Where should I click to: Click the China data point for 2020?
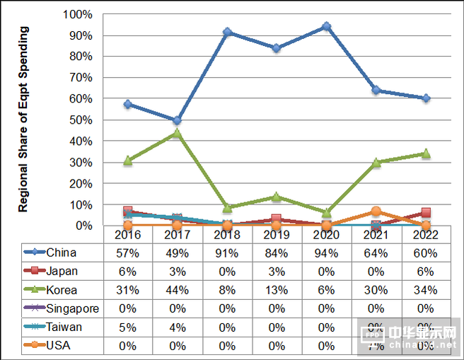326,26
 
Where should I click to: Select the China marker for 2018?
227,33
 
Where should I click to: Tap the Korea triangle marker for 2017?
178,133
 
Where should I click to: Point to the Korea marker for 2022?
426,153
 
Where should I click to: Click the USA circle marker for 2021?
376,211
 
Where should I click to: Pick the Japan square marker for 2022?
426,213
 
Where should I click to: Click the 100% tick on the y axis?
77,14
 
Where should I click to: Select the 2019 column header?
277,235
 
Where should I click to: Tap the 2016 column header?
128,235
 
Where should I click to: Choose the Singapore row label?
72,308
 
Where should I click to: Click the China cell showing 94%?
326,253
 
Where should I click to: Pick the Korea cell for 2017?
178,290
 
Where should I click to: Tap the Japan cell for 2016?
128,272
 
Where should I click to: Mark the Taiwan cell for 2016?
128,327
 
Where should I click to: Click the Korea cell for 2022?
426,290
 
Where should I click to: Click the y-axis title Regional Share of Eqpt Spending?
24,120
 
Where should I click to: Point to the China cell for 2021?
376,253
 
